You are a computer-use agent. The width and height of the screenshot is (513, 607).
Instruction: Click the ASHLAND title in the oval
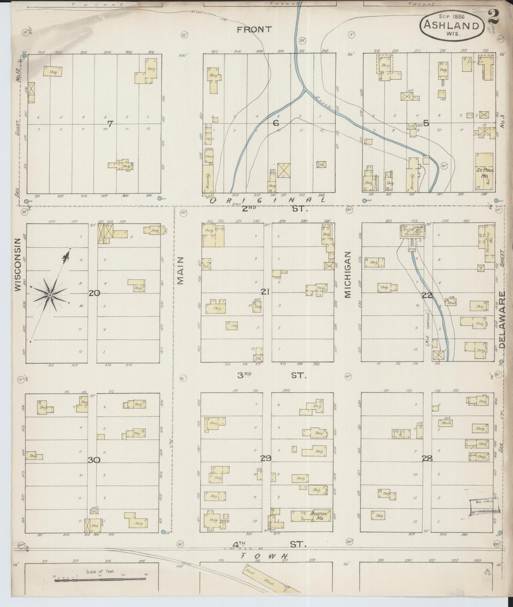(x=452, y=26)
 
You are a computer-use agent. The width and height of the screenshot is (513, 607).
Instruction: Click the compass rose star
(x=50, y=295)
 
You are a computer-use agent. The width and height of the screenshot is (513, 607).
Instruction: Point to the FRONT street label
(x=255, y=29)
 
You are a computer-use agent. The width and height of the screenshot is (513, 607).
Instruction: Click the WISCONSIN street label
(x=18, y=269)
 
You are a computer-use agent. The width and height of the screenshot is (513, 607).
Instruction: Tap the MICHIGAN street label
(x=347, y=274)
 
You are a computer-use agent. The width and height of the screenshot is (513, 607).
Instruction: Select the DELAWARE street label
(x=502, y=319)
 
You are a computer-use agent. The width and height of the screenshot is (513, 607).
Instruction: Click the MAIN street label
(x=180, y=275)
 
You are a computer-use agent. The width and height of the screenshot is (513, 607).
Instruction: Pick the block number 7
(x=110, y=124)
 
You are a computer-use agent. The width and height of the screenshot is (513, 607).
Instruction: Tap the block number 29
(x=266, y=458)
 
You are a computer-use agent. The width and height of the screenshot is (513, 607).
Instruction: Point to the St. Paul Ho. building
(x=484, y=173)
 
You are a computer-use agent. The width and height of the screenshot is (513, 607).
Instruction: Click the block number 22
(x=427, y=295)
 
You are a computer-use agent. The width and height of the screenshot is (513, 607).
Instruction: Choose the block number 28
(x=427, y=459)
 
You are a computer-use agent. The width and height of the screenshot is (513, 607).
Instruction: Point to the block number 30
(x=94, y=460)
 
